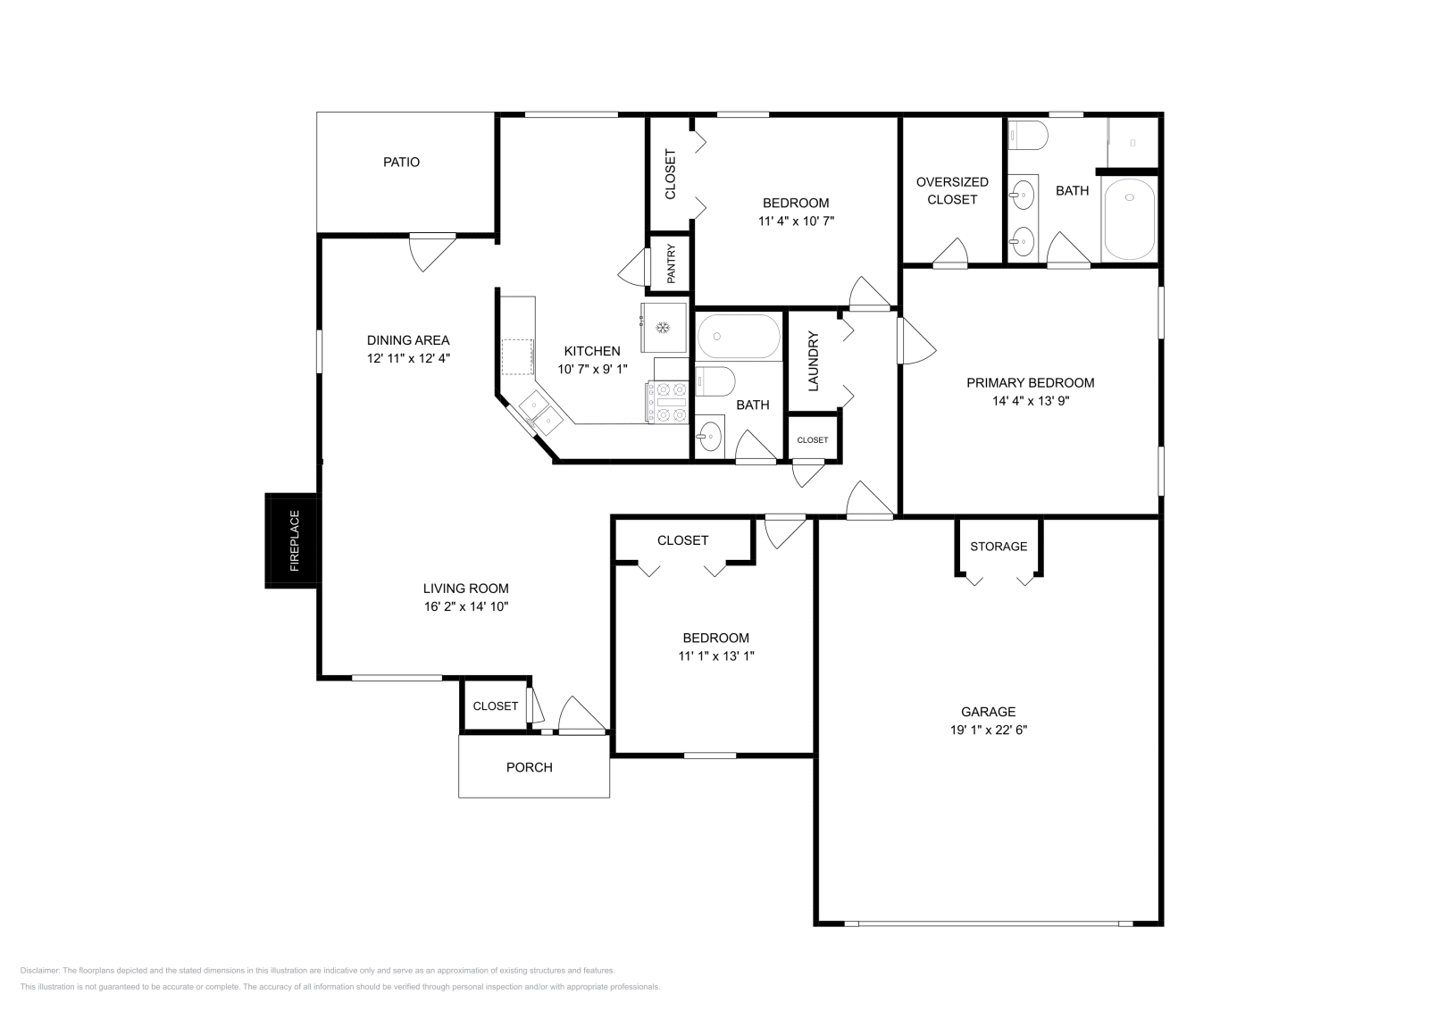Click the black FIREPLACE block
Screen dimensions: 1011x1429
291,541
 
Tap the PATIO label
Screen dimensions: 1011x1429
401,162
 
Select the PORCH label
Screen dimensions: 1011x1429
529,767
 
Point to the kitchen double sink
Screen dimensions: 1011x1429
540,412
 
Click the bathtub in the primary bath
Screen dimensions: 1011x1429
1129,219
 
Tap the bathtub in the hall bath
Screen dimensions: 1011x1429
739,336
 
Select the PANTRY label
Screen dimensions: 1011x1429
670,263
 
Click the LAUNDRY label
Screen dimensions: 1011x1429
813,362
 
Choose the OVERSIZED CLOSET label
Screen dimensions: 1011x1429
952,190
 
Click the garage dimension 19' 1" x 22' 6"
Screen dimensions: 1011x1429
988,730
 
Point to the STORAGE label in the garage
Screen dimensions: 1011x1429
999,547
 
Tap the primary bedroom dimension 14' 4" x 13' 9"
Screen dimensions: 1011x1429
1030,401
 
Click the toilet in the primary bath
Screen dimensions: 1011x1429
1028,136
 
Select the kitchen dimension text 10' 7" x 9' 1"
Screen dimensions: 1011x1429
592,369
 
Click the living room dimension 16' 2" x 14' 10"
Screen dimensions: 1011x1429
465,606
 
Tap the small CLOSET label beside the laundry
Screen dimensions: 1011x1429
813,439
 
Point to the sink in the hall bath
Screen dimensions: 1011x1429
709,437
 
